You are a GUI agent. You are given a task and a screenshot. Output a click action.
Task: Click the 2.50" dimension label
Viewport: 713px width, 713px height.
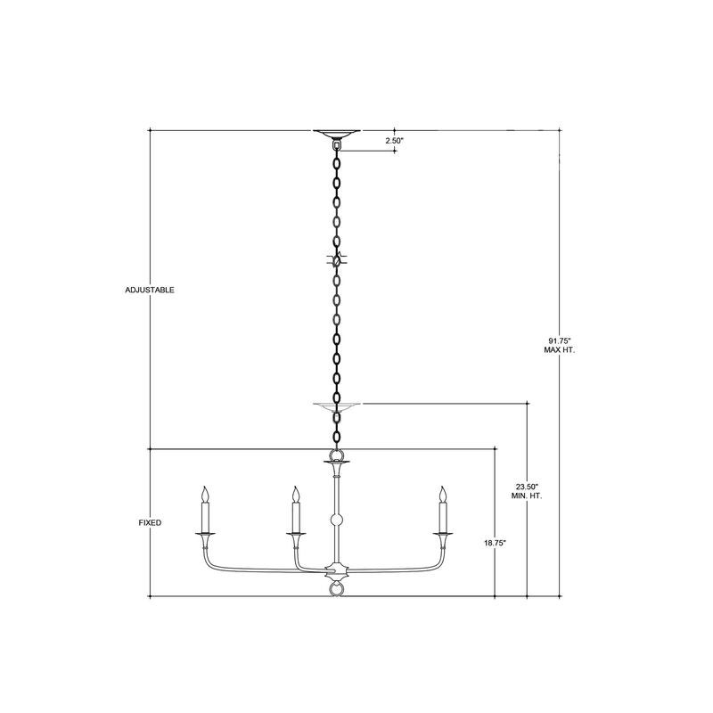click(394, 141)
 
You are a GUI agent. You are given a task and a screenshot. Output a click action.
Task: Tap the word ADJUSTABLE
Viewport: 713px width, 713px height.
click(150, 291)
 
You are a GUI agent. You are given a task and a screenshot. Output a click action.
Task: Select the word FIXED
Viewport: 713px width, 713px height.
click(150, 523)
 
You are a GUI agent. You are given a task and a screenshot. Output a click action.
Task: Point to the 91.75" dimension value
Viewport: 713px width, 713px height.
click(560, 340)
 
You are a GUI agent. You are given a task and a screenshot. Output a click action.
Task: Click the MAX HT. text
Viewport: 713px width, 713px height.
click(560, 350)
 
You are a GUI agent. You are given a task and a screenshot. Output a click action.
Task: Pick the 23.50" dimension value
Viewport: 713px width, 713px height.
click(527, 486)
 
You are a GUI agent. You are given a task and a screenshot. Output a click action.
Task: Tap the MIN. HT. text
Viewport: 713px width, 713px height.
click(527, 496)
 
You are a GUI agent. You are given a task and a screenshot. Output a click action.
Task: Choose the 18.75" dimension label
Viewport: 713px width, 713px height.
click(495, 543)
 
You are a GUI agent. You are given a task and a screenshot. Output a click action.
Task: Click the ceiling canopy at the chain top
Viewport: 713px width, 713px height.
click(337, 134)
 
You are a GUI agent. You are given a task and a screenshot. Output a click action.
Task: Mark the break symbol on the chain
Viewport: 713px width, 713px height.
click(337, 260)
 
